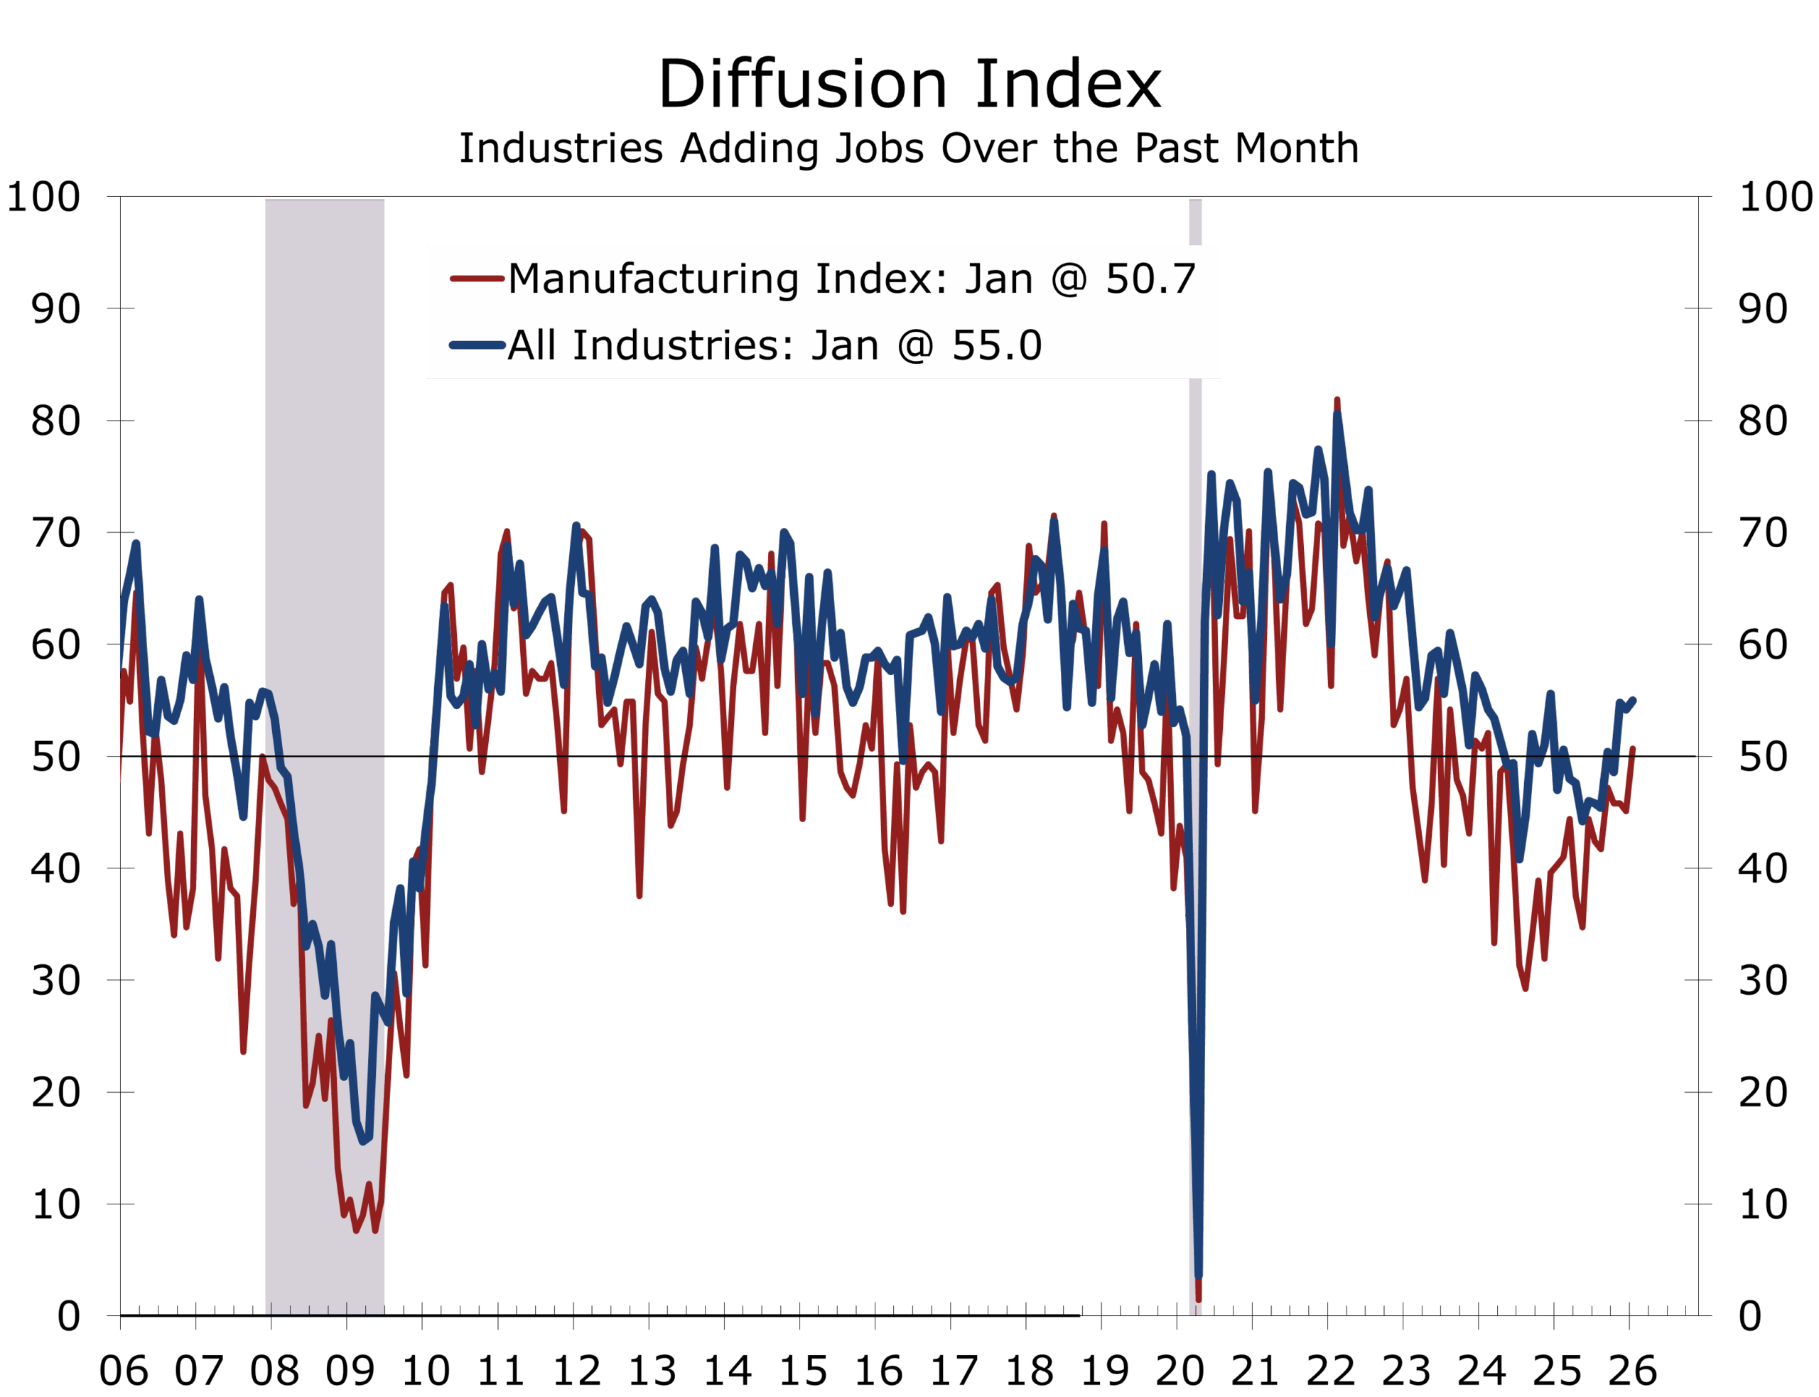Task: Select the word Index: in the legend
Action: click(880, 279)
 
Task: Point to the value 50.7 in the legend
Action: click(1150, 279)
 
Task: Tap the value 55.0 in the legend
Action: click(996, 345)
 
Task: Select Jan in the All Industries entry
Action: click(845, 345)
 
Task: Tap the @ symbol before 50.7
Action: click(1068, 280)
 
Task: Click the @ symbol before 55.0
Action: click(914, 347)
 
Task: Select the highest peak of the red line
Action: click(1337, 401)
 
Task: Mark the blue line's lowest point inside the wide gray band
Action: click(364, 1142)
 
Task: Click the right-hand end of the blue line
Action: click(1634, 700)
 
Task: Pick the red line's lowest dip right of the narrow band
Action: click(1526, 988)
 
